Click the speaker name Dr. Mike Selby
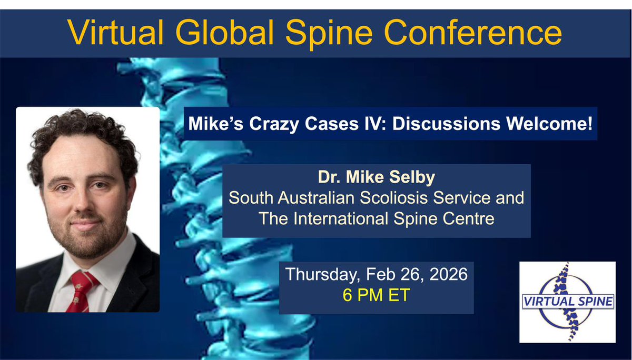coord(376,177)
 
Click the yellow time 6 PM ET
coord(376,295)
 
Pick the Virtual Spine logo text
coord(567,302)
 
